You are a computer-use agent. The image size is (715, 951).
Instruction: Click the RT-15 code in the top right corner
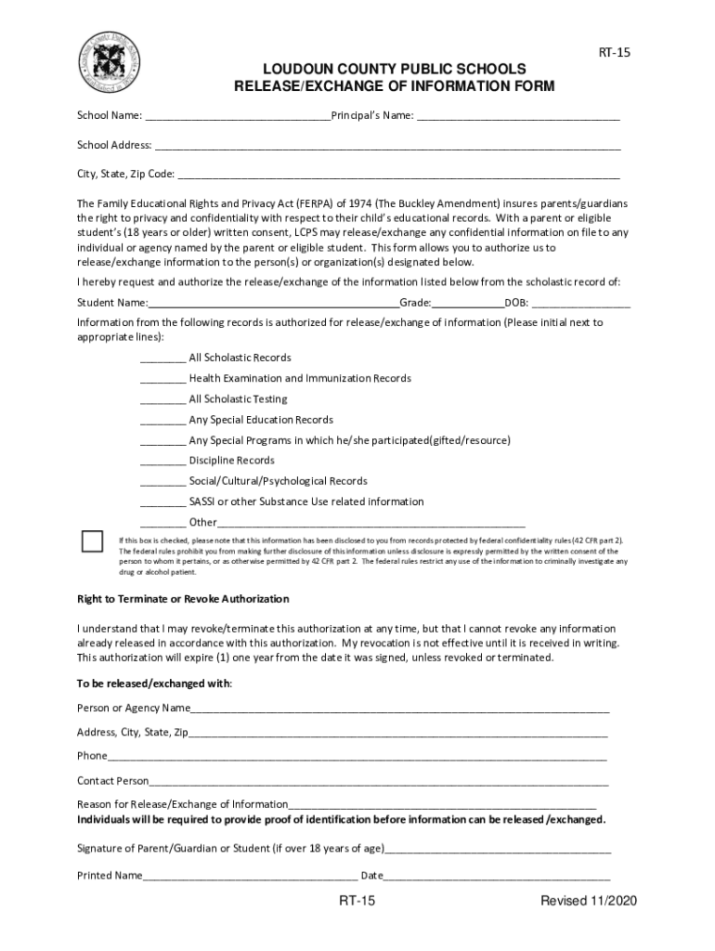tap(613, 53)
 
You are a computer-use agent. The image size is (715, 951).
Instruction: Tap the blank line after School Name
tap(237, 118)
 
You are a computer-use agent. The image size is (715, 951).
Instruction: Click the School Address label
tap(113, 146)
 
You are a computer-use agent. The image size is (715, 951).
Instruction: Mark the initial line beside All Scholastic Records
tap(162, 360)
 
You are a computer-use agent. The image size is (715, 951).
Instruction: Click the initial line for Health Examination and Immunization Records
tap(162, 381)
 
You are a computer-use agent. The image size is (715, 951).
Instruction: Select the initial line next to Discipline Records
tap(162, 462)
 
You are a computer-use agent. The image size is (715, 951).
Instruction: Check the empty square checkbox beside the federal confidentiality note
tap(92, 541)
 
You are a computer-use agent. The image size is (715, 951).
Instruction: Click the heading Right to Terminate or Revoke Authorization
tap(183, 599)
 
